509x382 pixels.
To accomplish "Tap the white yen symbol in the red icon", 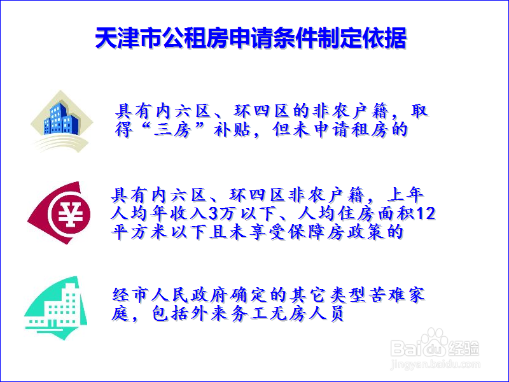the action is (x=69, y=214).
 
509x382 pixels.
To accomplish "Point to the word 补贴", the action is (x=232, y=130).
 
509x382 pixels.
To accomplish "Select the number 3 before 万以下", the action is (x=213, y=214).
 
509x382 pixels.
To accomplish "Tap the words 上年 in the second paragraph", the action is (x=405, y=195).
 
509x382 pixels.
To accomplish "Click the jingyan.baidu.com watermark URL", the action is (x=435, y=365).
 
